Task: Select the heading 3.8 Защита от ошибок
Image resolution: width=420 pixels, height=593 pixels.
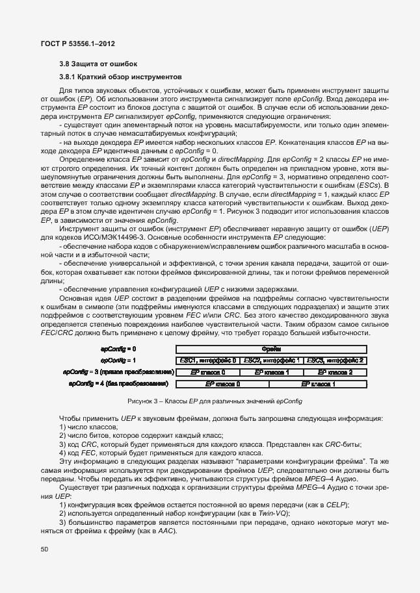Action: [x=98, y=64]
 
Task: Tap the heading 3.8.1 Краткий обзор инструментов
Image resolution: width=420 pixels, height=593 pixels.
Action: [x=114, y=76]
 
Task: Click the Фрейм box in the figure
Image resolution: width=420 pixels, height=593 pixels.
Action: [x=270, y=349]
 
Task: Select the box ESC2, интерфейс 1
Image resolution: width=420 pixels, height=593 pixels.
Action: [x=270, y=360]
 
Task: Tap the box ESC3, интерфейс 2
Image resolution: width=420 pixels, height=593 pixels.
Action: [x=335, y=360]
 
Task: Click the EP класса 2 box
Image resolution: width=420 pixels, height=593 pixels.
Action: [x=335, y=372]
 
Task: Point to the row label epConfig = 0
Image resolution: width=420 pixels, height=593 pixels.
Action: [x=118, y=349]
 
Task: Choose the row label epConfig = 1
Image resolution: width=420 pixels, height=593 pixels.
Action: [x=118, y=360]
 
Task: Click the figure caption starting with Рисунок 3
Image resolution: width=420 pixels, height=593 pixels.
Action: [x=215, y=401]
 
